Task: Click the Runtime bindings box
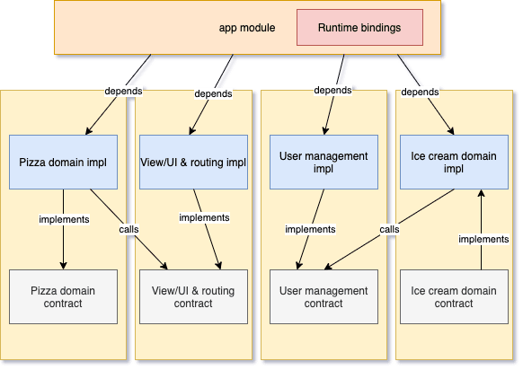(x=359, y=27)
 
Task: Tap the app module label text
(x=247, y=28)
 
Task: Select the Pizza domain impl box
(x=64, y=162)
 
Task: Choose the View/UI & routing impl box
(x=193, y=162)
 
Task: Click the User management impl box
(x=324, y=162)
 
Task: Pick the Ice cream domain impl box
(x=455, y=162)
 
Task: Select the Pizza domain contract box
(x=64, y=296)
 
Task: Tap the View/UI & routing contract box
(x=193, y=296)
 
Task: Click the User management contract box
(x=324, y=296)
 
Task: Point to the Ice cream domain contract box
(x=455, y=296)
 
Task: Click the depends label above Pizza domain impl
(x=123, y=91)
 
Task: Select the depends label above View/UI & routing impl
(x=213, y=93)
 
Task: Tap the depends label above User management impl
(x=332, y=90)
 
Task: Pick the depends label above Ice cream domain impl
(x=420, y=92)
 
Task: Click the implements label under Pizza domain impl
(x=64, y=219)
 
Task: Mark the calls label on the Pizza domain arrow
(x=129, y=229)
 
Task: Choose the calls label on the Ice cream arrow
(x=389, y=229)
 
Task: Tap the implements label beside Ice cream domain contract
(x=483, y=239)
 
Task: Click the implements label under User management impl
(x=310, y=229)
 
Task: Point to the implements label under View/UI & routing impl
(x=204, y=217)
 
